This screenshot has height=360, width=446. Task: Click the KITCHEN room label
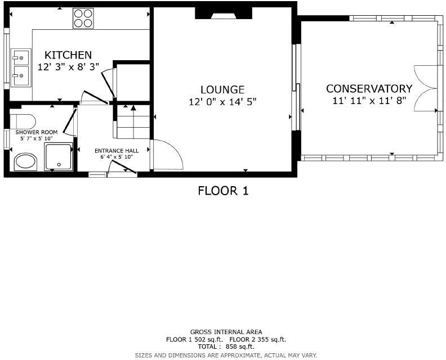coord(68,55)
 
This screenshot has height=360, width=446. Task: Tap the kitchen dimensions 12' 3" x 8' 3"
coord(68,67)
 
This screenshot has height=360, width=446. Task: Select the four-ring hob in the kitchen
coord(83,18)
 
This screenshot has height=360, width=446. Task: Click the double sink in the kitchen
coord(21,66)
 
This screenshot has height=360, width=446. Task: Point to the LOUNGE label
coord(222,89)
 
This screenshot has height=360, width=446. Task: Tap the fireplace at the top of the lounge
coord(216,13)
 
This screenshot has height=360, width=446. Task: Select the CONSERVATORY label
coord(369,89)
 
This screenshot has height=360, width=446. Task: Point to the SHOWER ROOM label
coord(37,132)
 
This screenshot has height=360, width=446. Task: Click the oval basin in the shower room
coord(25,162)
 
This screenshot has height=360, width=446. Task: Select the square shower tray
coord(59,157)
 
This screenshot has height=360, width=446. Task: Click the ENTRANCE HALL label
coord(117,151)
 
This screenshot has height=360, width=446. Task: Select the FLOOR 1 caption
coord(223,191)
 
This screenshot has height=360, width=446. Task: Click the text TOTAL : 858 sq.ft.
coord(226,347)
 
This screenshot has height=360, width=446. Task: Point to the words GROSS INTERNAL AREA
coord(226,332)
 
